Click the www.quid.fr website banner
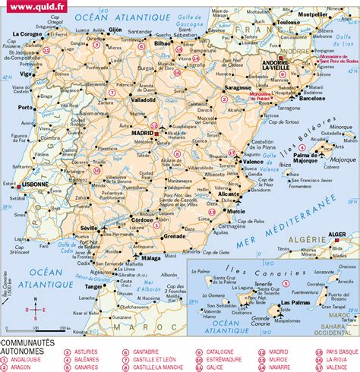[31, 7]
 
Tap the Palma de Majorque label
[304, 158]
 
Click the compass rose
[30, 310]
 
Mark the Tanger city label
[94, 286]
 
